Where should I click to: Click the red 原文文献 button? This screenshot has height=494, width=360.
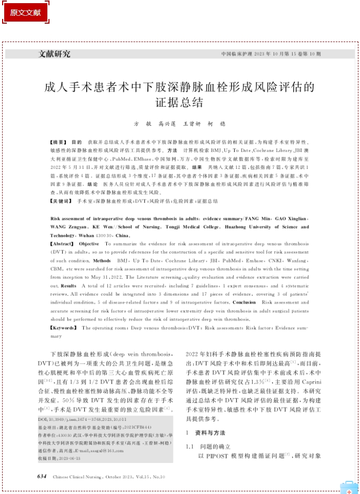[25, 12]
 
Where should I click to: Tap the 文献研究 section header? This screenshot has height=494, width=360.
[55, 54]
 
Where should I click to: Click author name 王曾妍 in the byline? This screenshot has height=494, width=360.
[192, 124]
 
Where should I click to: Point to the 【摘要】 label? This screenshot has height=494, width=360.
[58, 143]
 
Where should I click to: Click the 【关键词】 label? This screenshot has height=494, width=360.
[61, 201]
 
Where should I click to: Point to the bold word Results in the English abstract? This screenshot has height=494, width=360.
[68, 286]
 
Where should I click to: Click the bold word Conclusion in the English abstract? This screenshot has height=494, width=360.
[244, 303]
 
